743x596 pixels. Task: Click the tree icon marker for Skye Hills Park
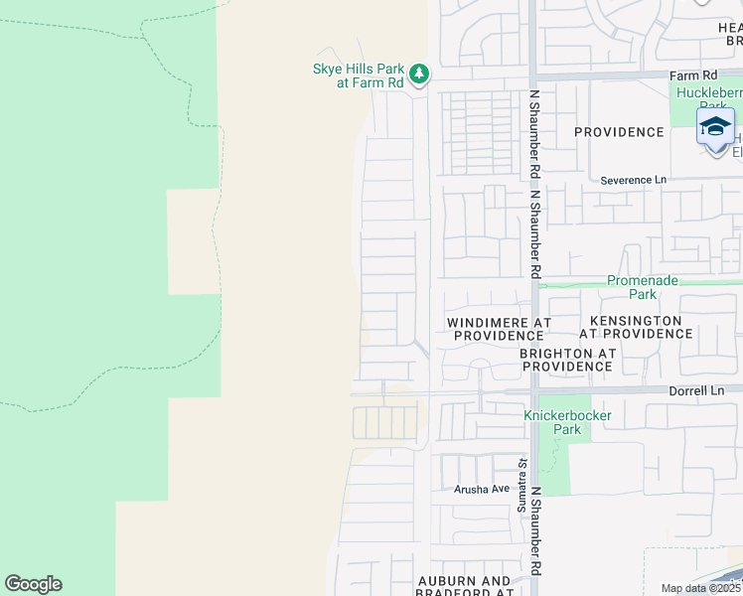tap(420, 74)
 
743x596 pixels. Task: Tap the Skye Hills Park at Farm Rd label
tap(359, 75)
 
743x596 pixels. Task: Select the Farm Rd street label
tap(692, 74)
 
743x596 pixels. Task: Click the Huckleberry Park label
tap(707, 99)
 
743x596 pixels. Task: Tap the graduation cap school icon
tap(715, 128)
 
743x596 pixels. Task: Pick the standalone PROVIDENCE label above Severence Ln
tap(618, 132)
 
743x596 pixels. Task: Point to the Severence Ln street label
tap(634, 180)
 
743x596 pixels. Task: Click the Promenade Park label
tap(644, 287)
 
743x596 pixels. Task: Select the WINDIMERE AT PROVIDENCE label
tap(499, 329)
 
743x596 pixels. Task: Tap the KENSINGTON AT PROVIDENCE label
tap(636, 327)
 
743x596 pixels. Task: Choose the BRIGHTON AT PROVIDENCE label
tap(568, 360)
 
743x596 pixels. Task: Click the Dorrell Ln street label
tap(696, 390)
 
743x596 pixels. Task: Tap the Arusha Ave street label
tap(482, 489)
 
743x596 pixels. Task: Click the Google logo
tap(33, 584)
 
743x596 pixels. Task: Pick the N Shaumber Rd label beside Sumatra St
tap(535, 530)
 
